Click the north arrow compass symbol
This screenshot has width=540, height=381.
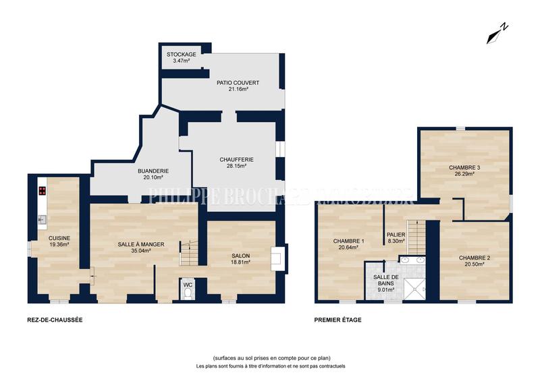click(x=497, y=32)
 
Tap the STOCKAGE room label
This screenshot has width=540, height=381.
click(x=181, y=57)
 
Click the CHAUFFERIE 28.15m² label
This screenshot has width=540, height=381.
click(x=232, y=163)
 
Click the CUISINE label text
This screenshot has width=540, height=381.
click(x=59, y=241)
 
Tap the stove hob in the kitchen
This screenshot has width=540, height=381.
click(x=42, y=190)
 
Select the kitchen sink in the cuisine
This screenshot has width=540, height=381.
click(x=42, y=218)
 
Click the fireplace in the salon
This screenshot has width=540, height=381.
click(x=276, y=258)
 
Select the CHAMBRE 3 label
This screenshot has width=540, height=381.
click(x=464, y=170)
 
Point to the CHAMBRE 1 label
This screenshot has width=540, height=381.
click(x=348, y=244)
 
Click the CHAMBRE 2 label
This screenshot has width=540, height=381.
click(x=475, y=260)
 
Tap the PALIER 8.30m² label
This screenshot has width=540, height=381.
click(x=396, y=238)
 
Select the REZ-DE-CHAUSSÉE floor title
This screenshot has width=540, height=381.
click(x=55, y=320)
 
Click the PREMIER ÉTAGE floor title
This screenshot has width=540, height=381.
click(x=337, y=320)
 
